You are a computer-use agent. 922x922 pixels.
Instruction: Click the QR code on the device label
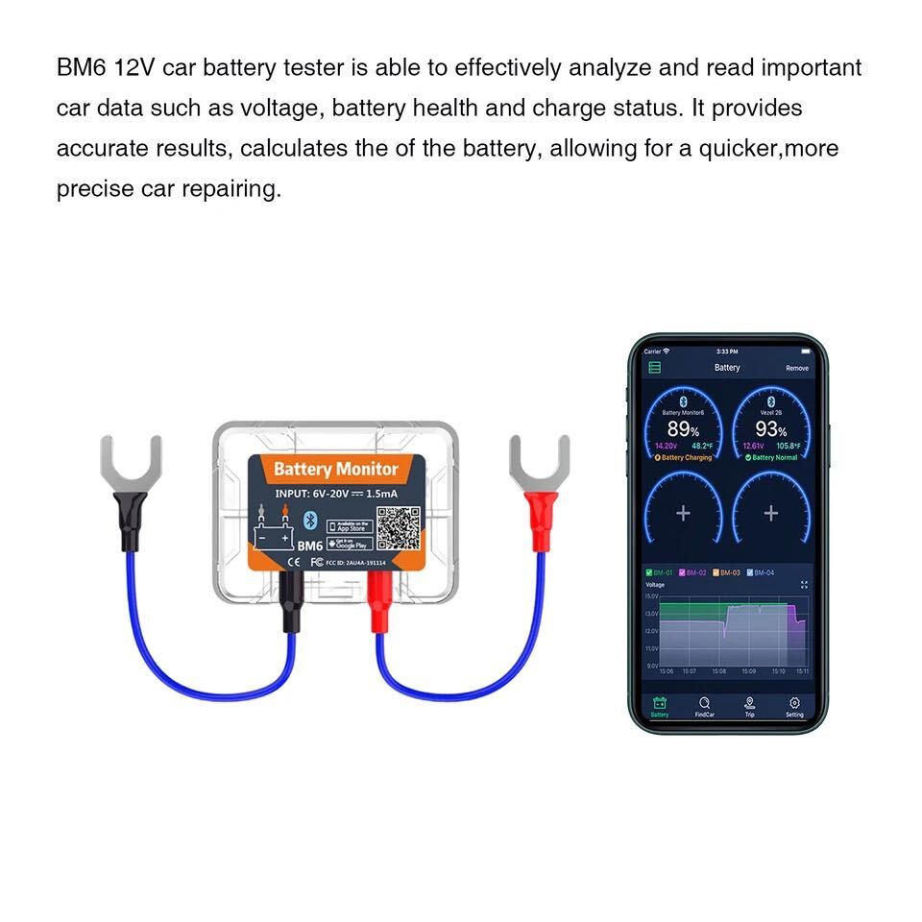click(398, 529)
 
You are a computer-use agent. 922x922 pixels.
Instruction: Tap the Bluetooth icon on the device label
click(309, 520)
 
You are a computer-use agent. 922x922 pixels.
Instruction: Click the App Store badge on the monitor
click(350, 526)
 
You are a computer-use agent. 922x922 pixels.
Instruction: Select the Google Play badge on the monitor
click(350, 544)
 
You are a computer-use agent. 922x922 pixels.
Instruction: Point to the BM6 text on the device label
click(309, 546)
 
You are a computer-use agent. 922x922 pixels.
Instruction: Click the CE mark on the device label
click(294, 561)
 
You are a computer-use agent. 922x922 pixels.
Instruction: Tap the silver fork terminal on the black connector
click(132, 462)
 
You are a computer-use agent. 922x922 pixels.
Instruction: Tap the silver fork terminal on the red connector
click(539, 462)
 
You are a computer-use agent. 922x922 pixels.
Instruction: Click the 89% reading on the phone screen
click(683, 429)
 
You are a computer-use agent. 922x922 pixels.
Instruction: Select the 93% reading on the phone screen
click(770, 429)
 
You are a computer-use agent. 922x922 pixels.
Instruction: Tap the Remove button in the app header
click(796, 368)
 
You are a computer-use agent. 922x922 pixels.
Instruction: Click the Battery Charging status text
click(686, 457)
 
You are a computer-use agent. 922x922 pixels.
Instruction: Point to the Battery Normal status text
click(773, 457)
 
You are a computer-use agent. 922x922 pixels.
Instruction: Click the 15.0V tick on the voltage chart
click(652, 596)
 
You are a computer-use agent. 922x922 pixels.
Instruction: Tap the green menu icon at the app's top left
click(655, 368)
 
